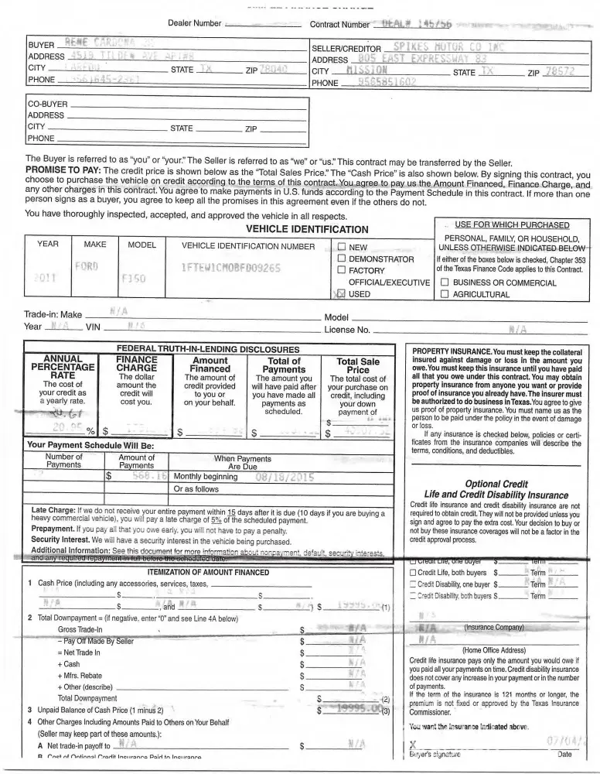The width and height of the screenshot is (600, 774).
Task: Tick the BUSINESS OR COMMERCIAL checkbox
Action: coord(445,283)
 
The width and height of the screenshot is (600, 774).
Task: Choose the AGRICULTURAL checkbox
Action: coord(445,295)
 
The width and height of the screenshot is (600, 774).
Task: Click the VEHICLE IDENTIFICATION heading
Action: coord(307,229)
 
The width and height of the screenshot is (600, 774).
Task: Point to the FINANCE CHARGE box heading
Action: coord(137,365)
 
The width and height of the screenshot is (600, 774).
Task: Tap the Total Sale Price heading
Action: coord(358,366)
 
